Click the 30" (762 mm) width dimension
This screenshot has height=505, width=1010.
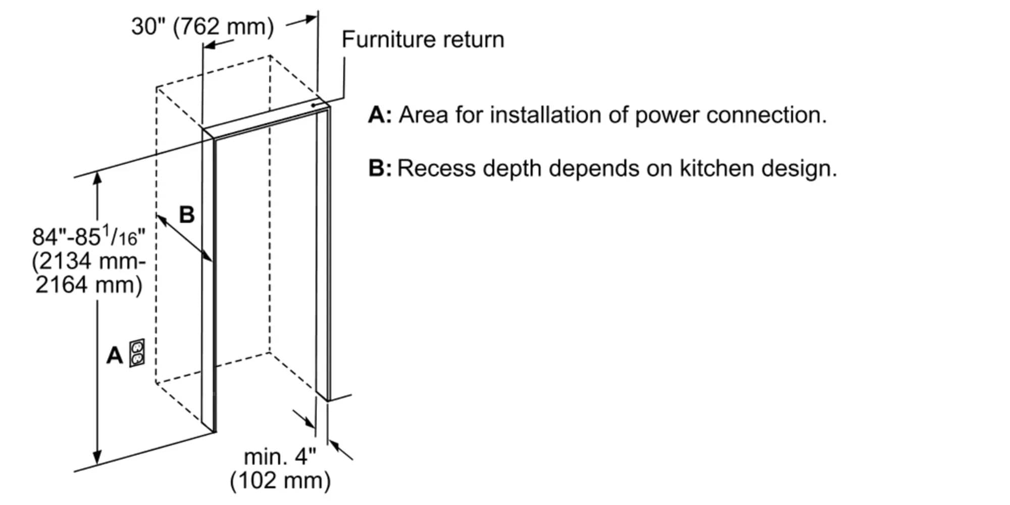click(202, 26)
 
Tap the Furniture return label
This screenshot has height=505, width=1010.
click(423, 39)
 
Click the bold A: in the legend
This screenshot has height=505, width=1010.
click(380, 115)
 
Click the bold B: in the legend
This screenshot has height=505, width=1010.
click(380, 168)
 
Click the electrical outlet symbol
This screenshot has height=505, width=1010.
click(137, 353)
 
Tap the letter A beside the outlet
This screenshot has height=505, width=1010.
click(115, 356)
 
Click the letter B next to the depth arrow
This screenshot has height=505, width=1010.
click(187, 215)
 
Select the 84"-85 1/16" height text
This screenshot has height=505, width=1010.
click(89, 236)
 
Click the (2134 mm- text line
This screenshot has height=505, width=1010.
click(89, 262)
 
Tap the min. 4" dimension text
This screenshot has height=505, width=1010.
click(280, 457)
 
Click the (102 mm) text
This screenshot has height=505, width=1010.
click(280, 480)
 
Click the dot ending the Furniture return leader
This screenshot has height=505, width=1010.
click(314, 105)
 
